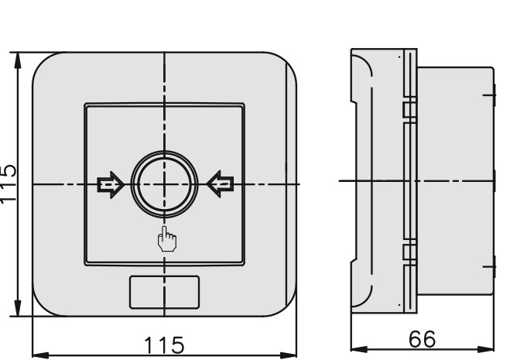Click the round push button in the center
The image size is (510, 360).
pyautogui.click(x=164, y=184)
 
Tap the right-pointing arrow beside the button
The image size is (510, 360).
pyautogui.click(x=111, y=184)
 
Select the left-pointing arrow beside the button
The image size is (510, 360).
pyautogui.click(x=221, y=184)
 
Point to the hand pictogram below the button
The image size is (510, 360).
pyautogui.click(x=167, y=239)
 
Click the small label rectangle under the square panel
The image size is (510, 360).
pyautogui.click(x=165, y=293)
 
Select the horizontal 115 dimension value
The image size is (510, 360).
pyautogui.click(x=164, y=345)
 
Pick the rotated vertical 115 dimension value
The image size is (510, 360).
pyautogui.click(x=8, y=184)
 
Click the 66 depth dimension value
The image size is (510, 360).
pyautogui.click(x=422, y=339)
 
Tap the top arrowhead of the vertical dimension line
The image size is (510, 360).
pyautogui.click(x=18, y=60)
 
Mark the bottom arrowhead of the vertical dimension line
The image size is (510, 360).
pyautogui.click(x=18, y=308)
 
